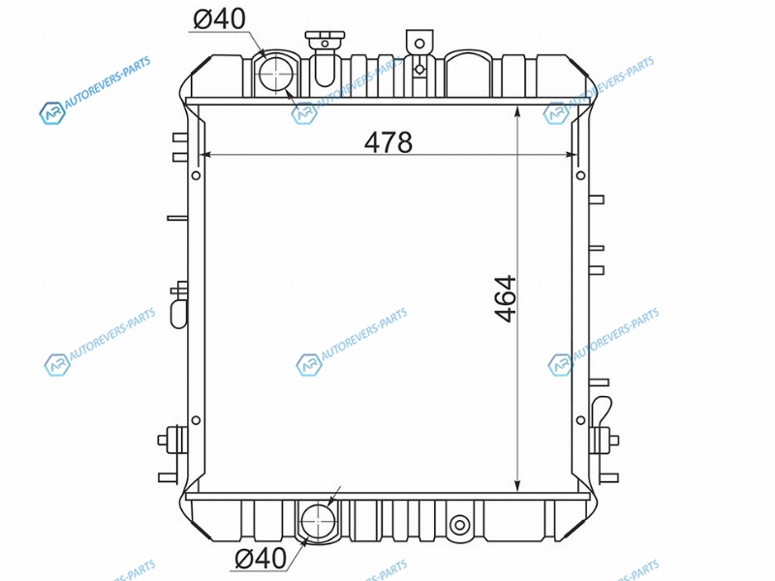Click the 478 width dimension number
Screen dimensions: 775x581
388,142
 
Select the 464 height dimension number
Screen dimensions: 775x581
506,299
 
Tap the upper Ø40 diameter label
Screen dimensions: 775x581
220,19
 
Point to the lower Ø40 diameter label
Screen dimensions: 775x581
261,559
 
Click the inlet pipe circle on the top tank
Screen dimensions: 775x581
277,74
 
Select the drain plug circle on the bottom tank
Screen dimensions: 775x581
459,524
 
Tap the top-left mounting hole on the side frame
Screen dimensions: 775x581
196,175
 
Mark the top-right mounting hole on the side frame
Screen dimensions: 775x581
580,175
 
